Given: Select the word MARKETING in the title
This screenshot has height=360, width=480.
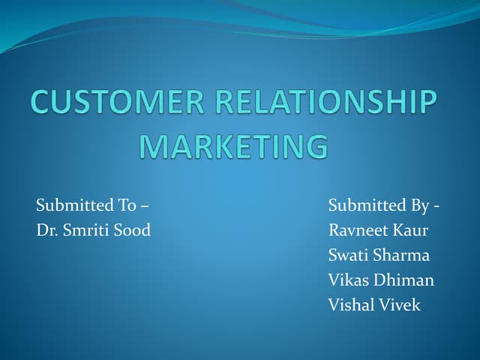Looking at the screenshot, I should (x=235, y=146).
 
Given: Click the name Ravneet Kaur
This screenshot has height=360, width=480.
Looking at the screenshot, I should (x=378, y=230).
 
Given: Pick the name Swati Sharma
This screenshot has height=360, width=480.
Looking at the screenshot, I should (x=379, y=255).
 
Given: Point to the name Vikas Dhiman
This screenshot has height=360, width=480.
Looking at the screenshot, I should (x=381, y=280).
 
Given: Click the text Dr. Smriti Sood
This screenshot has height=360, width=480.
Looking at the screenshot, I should (x=93, y=230).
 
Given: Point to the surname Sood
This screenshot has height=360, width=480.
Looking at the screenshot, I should (x=133, y=230).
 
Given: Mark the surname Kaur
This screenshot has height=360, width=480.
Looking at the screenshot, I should (x=411, y=230).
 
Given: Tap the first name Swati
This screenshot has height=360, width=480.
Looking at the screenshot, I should (x=346, y=255).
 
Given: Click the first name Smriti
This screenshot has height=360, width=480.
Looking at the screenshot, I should (x=86, y=230).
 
